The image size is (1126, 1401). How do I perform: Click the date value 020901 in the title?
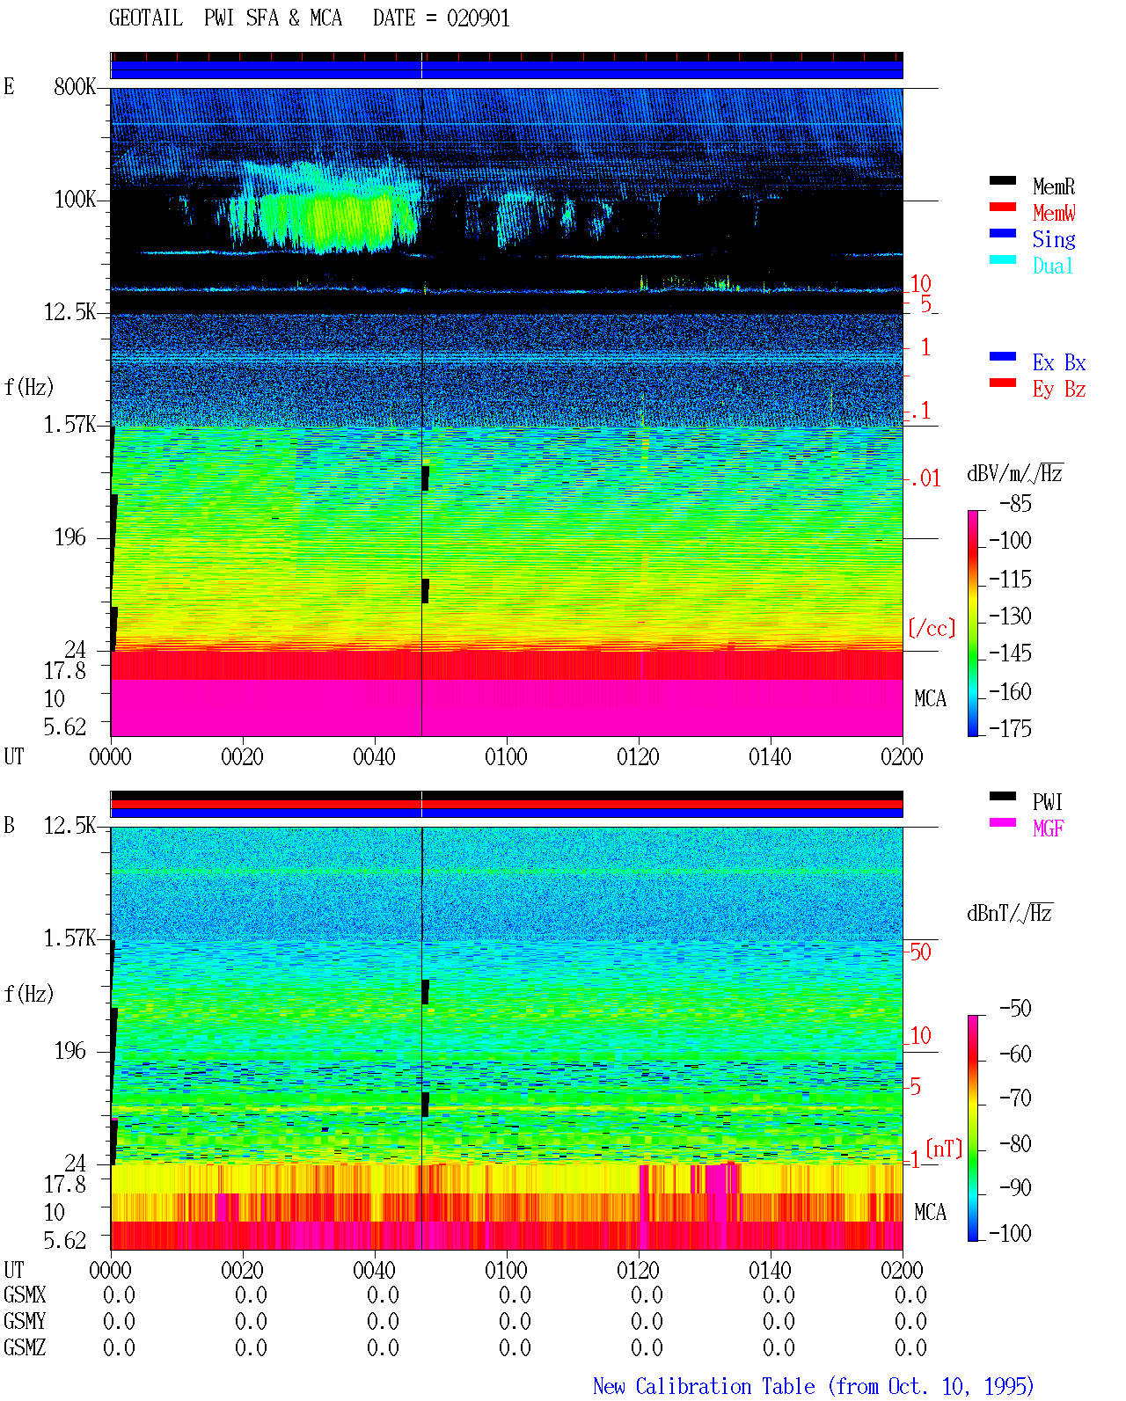tap(478, 18)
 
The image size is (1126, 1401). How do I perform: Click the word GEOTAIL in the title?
tap(146, 18)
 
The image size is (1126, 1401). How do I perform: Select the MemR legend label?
tap(1053, 186)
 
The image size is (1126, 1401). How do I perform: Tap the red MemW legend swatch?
tap(1002, 207)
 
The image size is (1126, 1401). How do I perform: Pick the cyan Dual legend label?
tap(1052, 266)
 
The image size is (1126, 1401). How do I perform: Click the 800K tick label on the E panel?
tap(75, 86)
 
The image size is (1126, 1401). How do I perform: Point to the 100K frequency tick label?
tap(75, 200)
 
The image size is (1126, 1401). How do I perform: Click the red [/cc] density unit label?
tap(932, 628)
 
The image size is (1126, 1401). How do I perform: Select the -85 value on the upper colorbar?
tap(1015, 503)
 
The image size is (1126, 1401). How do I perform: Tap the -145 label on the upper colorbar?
tap(1010, 653)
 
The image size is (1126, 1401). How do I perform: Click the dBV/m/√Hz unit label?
tap(1014, 473)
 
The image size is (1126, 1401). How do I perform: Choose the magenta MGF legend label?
tap(1048, 828)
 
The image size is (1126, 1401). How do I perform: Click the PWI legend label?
tap(1047, 802)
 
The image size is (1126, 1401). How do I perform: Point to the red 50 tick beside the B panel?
tap(920, 952)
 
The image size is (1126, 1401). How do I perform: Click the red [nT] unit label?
tap(944, 1149)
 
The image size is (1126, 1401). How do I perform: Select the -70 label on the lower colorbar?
tap(1015, 1098)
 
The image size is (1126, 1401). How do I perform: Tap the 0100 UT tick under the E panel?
tap(506, 757)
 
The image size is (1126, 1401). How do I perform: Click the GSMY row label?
tap(25, 1321)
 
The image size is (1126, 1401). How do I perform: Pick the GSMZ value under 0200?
tap(910, 1347)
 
